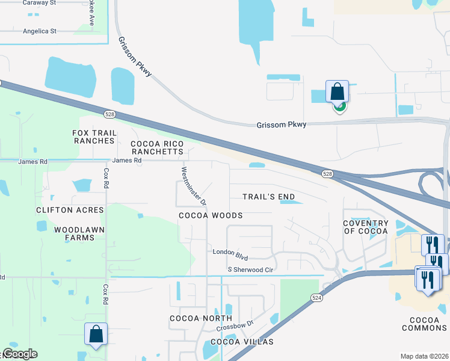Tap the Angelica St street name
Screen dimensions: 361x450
coord(39,31)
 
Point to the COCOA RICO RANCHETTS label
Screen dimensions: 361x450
coord(157,147)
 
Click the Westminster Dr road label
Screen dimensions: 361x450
coord(194,184)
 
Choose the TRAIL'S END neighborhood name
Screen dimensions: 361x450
coord(269,197)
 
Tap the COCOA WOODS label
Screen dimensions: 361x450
coord(211,215)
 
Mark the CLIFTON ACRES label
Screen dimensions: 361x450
coord(70,210)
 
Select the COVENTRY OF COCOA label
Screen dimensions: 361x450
coord(366,227)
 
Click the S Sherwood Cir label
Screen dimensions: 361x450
coord(250,270)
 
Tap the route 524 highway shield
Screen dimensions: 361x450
coord(316,298)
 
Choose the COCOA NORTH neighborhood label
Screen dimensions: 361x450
coord(201,318)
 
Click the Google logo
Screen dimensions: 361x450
coord(20,354)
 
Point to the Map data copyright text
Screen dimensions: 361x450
coord(424,356)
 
